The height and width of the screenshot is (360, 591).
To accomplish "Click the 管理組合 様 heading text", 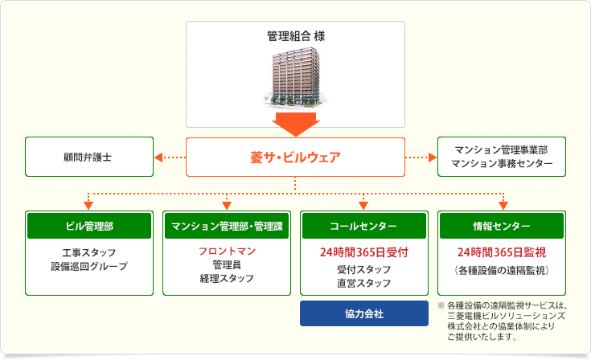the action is [296, 36].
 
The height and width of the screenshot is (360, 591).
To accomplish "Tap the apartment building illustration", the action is [296, 77].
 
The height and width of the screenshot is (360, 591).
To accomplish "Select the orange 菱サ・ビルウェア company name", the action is [296, 157].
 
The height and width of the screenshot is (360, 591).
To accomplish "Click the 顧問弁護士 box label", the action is [88, 157].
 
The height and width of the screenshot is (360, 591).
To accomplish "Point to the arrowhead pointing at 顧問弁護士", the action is [158, 157].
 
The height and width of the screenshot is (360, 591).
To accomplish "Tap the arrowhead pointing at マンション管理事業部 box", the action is [433, 157].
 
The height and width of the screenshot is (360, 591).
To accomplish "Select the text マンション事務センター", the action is [502, 164].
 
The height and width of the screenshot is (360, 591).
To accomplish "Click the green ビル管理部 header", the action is [89, 226].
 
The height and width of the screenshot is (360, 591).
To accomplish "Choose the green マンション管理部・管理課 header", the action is [227, 226].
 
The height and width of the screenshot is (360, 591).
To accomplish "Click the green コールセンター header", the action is [364, 226].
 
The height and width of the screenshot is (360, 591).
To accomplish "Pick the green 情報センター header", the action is [502, 226].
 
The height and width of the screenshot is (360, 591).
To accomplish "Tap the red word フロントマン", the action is [227, 252].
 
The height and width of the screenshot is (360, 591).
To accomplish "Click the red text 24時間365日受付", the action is [364, 252].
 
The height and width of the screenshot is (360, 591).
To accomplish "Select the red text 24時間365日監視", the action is [502, 252].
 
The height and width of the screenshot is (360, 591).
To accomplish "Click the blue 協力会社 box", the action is [364, 313].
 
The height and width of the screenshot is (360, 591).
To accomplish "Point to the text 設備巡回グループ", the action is [89, 266].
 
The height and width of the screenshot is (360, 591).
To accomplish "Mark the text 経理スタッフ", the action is [227, 279].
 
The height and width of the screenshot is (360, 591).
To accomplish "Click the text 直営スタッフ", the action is [364, 283].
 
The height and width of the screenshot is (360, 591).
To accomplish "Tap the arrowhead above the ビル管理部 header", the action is [88, 206].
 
